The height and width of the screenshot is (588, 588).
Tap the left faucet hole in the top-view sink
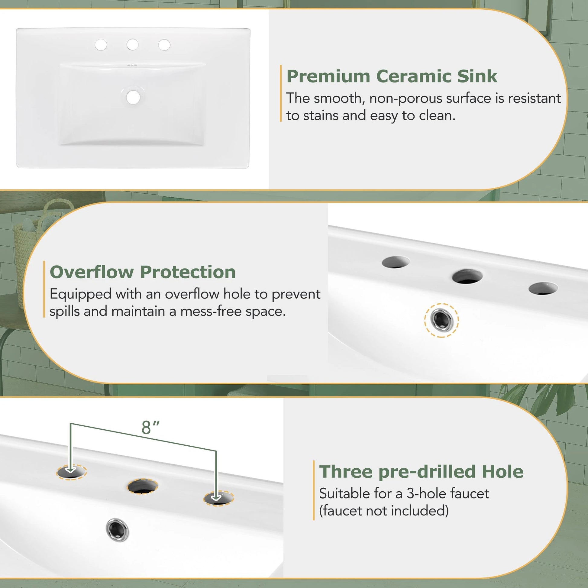coord(101,45)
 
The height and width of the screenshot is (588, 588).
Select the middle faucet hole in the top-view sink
coord(132,45)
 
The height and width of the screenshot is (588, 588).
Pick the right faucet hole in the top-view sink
coord(164,45)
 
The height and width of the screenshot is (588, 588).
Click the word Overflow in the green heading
coord(91,272)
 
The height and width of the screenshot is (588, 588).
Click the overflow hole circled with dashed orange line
coord(441,320)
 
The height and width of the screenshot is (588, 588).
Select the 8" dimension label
coord(150,428)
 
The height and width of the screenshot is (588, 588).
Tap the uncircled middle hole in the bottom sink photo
coord(142,486)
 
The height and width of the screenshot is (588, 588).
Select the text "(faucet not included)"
coord(384,511)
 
